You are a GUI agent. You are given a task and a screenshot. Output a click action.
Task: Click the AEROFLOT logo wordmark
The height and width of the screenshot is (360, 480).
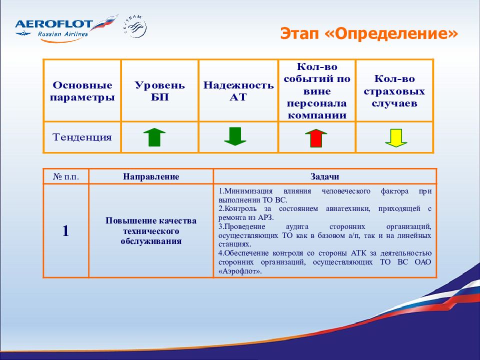54,24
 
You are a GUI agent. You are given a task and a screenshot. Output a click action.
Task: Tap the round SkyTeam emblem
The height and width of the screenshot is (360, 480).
136,27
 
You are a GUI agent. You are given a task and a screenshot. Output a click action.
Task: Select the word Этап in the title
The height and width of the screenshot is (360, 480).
299,33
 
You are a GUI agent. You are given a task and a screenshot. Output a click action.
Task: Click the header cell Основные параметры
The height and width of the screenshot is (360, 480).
82,91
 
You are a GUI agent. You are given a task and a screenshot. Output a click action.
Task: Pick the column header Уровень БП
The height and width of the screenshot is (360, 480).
160,91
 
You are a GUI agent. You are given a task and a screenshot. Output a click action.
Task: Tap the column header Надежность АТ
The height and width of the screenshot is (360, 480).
238,91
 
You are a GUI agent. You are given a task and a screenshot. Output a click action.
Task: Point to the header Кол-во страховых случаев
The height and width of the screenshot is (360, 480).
394,91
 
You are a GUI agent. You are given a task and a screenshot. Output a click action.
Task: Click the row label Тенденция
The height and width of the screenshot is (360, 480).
82,137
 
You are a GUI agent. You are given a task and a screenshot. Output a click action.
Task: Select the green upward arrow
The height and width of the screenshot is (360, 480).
154,137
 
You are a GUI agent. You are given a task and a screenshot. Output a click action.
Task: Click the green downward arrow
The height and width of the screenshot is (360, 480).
235,136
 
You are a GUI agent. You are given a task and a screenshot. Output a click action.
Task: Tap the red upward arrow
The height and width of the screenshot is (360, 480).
316,138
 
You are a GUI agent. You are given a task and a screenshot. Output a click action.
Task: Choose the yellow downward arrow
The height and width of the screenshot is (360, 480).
396,138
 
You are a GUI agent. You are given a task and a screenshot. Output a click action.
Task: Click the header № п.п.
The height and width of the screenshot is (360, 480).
66,176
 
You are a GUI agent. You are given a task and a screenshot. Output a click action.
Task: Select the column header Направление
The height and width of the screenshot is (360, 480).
151,176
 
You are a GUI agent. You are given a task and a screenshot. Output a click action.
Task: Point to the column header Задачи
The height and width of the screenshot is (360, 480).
325,176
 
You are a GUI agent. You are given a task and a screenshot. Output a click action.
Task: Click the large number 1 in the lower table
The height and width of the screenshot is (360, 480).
65,231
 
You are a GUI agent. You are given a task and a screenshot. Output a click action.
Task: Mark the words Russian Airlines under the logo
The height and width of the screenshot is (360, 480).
63,33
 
